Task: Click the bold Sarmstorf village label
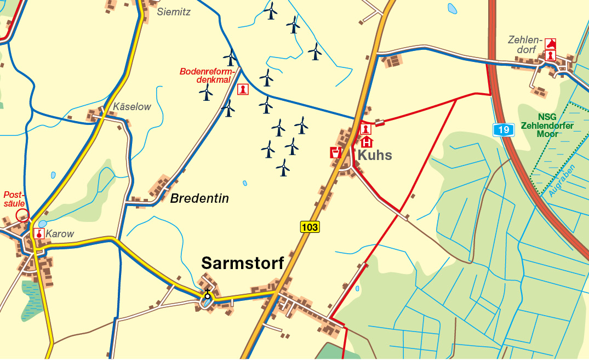tap(243, 264)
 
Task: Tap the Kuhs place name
tap(375, 156)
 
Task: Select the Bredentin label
tap(199, 198)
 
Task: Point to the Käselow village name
tap(131, 107)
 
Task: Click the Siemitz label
tap(174, 12)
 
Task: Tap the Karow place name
tap(60, 234)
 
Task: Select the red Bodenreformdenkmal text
tap(207, 76)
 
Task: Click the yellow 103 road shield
tap(310, 227)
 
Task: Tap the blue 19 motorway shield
tap(504, 130)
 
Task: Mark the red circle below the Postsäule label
tap(22, 215)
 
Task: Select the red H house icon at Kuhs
tap(366, 142)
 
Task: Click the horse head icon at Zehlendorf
tap(551, 44)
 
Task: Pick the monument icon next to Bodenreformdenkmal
tap(243, 89)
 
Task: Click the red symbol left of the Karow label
tap(39, 233)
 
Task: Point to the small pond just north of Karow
tap(42, 224)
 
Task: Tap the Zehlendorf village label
tap(524, 45)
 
